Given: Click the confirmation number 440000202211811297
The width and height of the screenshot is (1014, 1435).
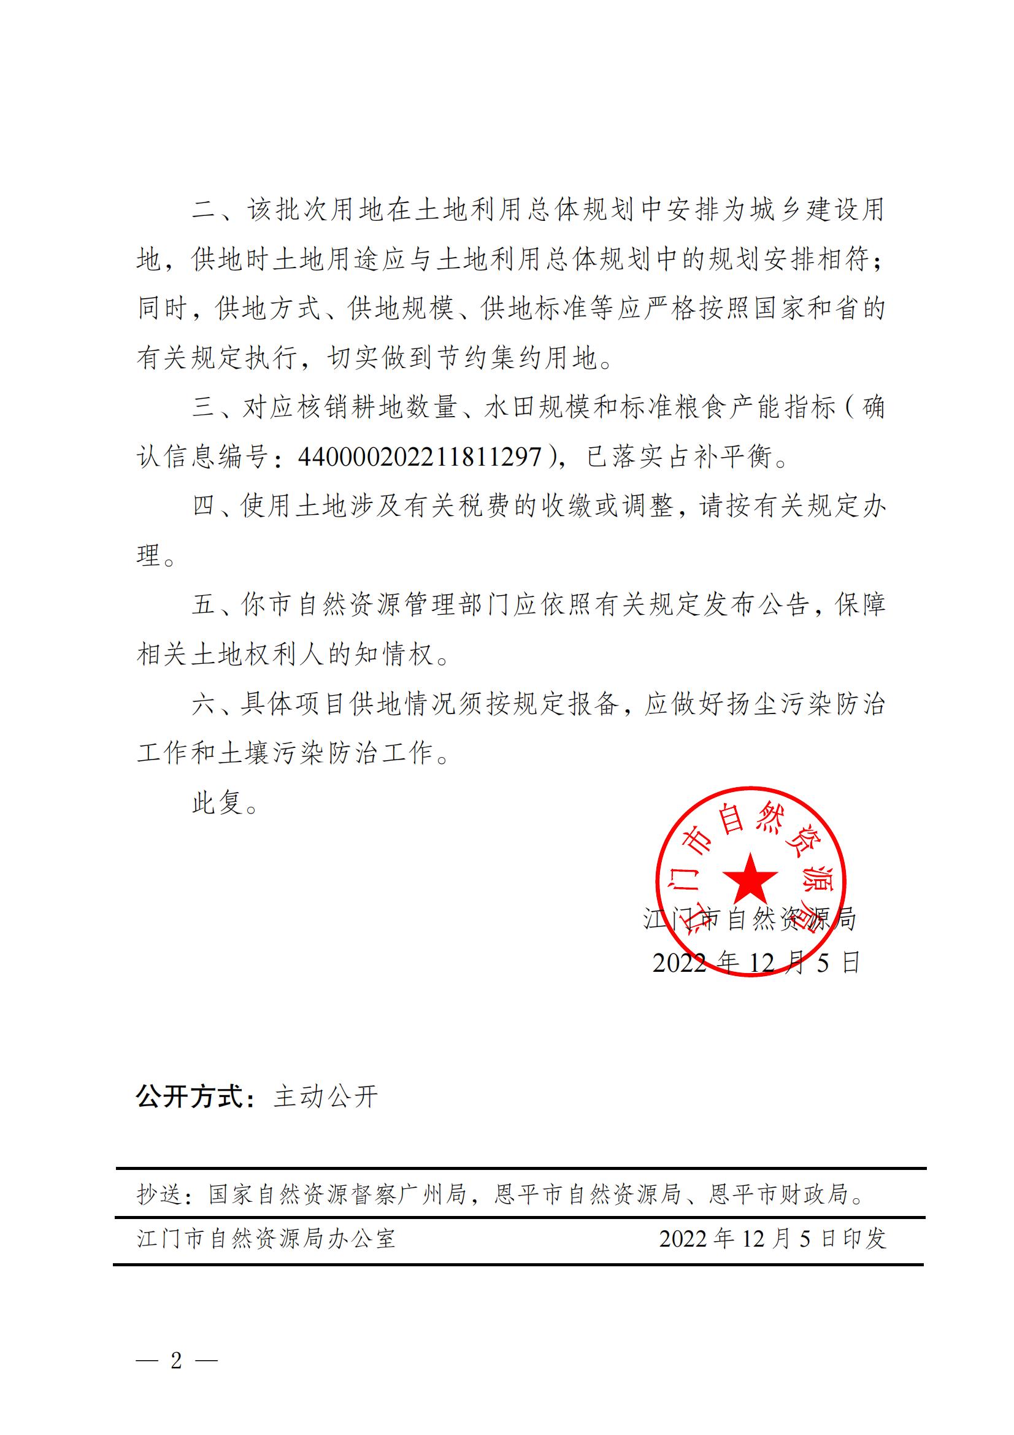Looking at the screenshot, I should click(x=420, y=457).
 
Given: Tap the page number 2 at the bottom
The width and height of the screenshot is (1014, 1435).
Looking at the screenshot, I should click(x=177, y=1360).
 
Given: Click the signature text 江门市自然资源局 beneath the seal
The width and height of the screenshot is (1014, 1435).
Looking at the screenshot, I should click(x=750, y=919).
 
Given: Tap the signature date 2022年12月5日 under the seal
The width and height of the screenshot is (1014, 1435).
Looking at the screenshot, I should click(x=756, y=963).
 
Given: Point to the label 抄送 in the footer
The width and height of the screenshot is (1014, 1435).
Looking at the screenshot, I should click(x=160, y=1195).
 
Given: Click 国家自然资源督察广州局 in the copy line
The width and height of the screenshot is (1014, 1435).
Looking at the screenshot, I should click(x=338, y=1195).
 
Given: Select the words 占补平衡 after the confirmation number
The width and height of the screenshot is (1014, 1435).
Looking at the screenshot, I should click(x=720, y=457).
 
